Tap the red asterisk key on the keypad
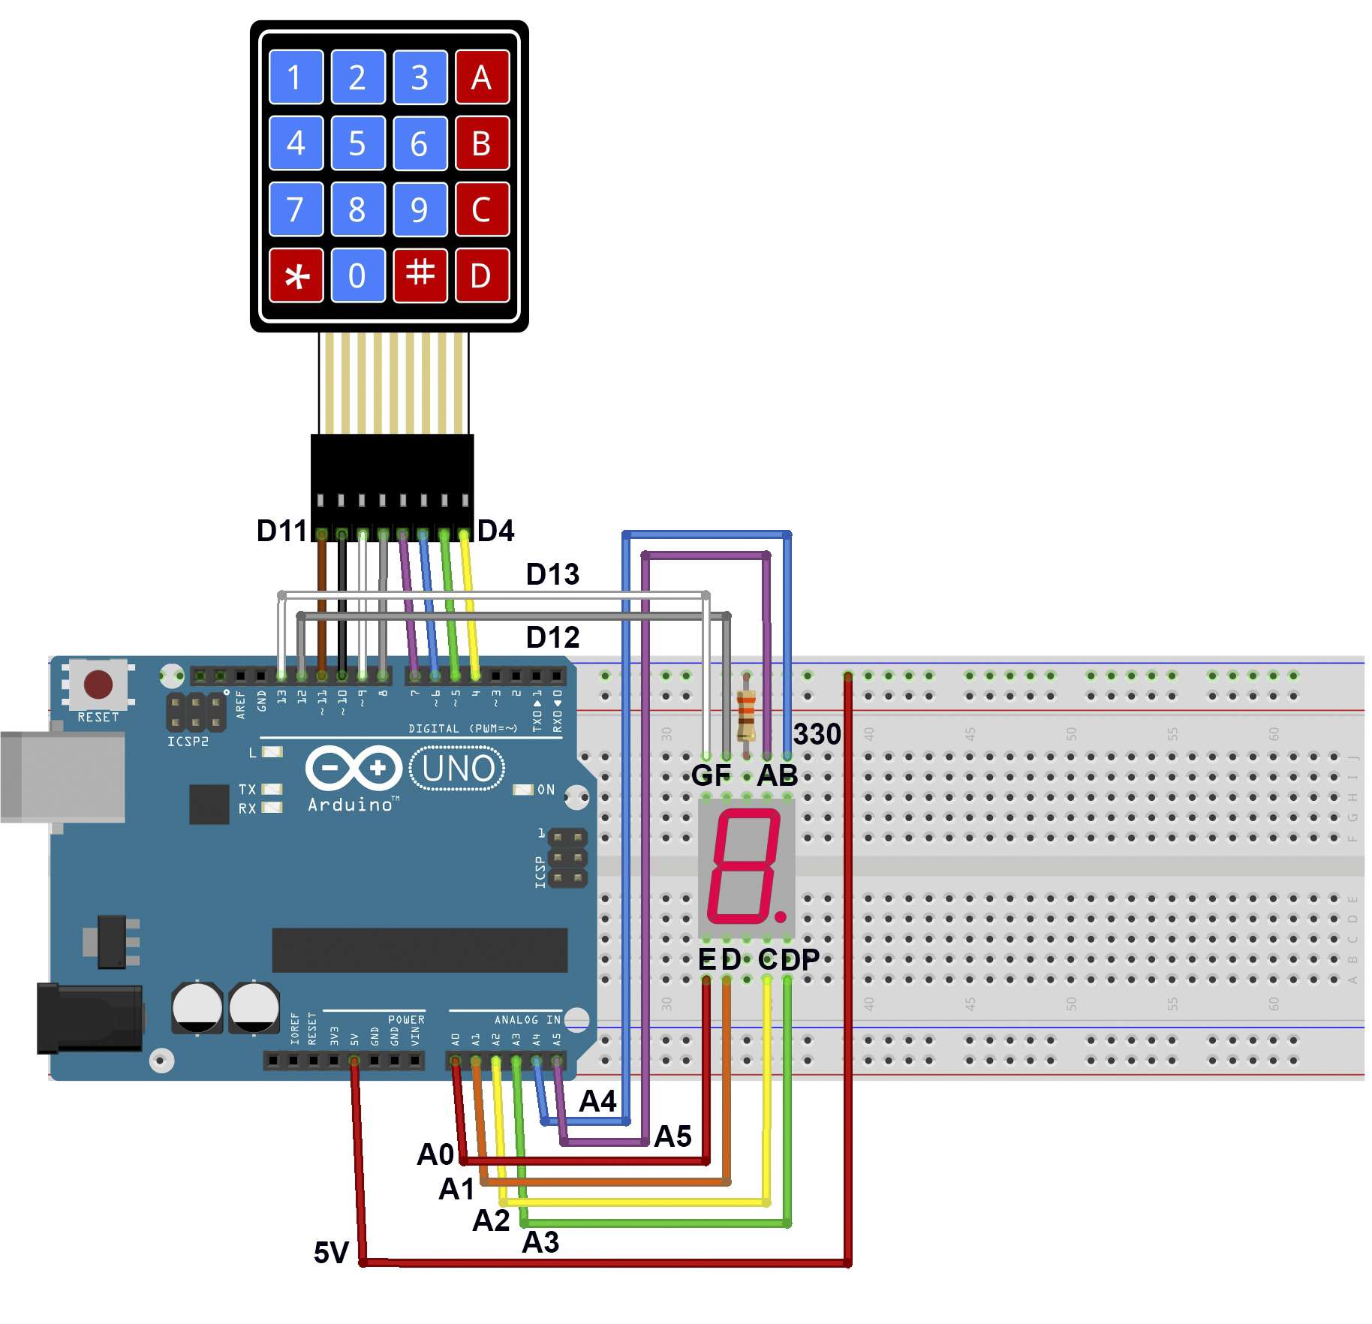pos(296,275)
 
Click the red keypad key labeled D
pos(481,275)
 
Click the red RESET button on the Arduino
pos(98,685)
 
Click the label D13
pos(552,575)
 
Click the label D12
pos(552,638)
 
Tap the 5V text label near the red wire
pos(331,1253)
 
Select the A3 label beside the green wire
pos(540,1242)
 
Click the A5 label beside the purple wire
pos(672,1136)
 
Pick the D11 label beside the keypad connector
pos(281,531)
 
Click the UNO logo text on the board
pos(458,769)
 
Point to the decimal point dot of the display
pos(781,916)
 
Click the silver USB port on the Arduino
pos(64,777)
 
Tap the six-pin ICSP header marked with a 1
pos(567,857)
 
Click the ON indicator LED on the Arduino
pos(523,790)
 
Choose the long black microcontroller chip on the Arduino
pos(419,949)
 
